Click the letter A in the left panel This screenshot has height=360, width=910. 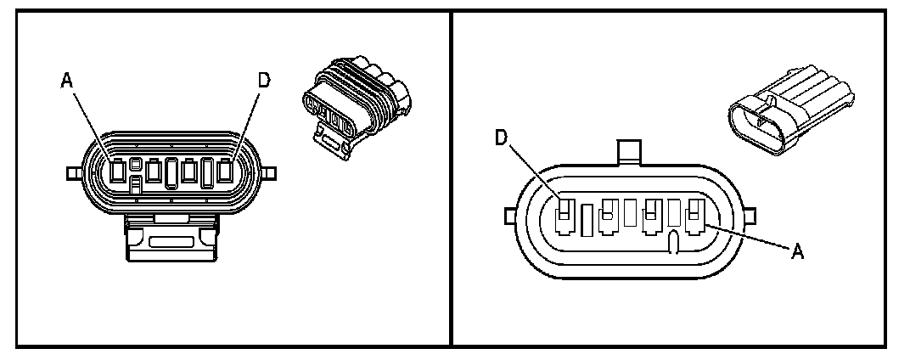(66, 81)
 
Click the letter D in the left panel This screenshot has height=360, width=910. (264, 81)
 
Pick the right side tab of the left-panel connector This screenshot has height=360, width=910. (269, 173)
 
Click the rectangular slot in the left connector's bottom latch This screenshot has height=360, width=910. (171, 241)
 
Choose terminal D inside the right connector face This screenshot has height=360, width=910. (563, 217)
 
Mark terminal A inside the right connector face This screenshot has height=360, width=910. (696, 217)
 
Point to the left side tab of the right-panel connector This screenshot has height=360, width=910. (508, 217)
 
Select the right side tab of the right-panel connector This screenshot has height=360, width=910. (750, 217)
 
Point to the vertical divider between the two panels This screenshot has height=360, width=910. (451, 178)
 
